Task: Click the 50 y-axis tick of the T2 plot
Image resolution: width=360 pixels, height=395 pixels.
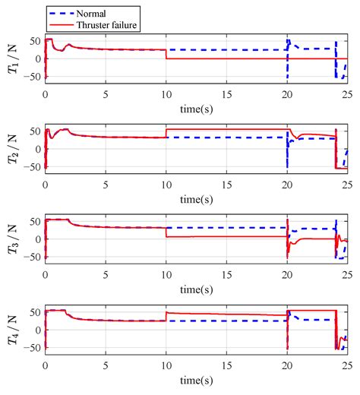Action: tap(35, 131)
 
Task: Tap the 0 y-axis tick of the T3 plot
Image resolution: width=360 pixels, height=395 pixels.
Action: tap(38, 239)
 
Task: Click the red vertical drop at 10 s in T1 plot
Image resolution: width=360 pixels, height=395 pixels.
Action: tap(166, 54)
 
